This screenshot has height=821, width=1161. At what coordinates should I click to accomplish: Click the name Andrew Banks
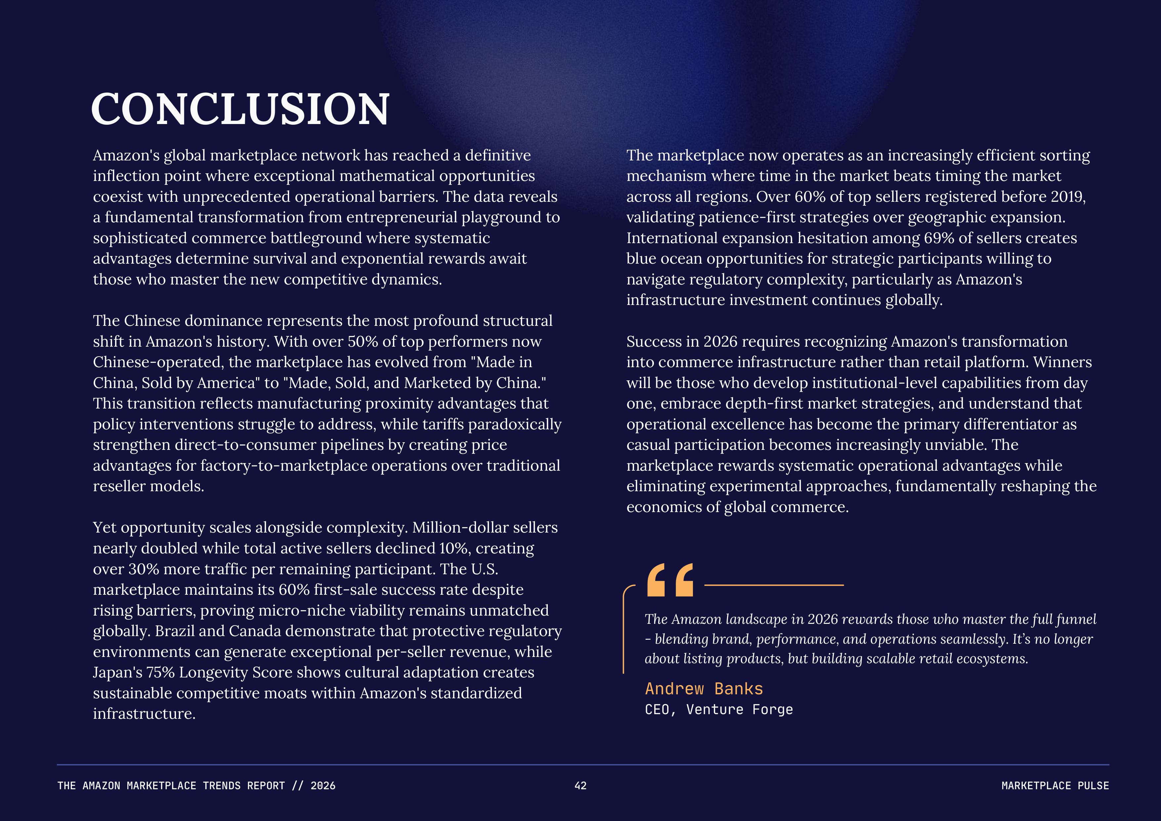coord(703,689)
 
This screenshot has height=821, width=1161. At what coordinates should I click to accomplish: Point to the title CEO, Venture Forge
coord(718,709)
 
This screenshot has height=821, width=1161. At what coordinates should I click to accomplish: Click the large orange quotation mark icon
coord(670,581)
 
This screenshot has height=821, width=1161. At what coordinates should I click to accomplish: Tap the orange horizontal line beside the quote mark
coord(774,585)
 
